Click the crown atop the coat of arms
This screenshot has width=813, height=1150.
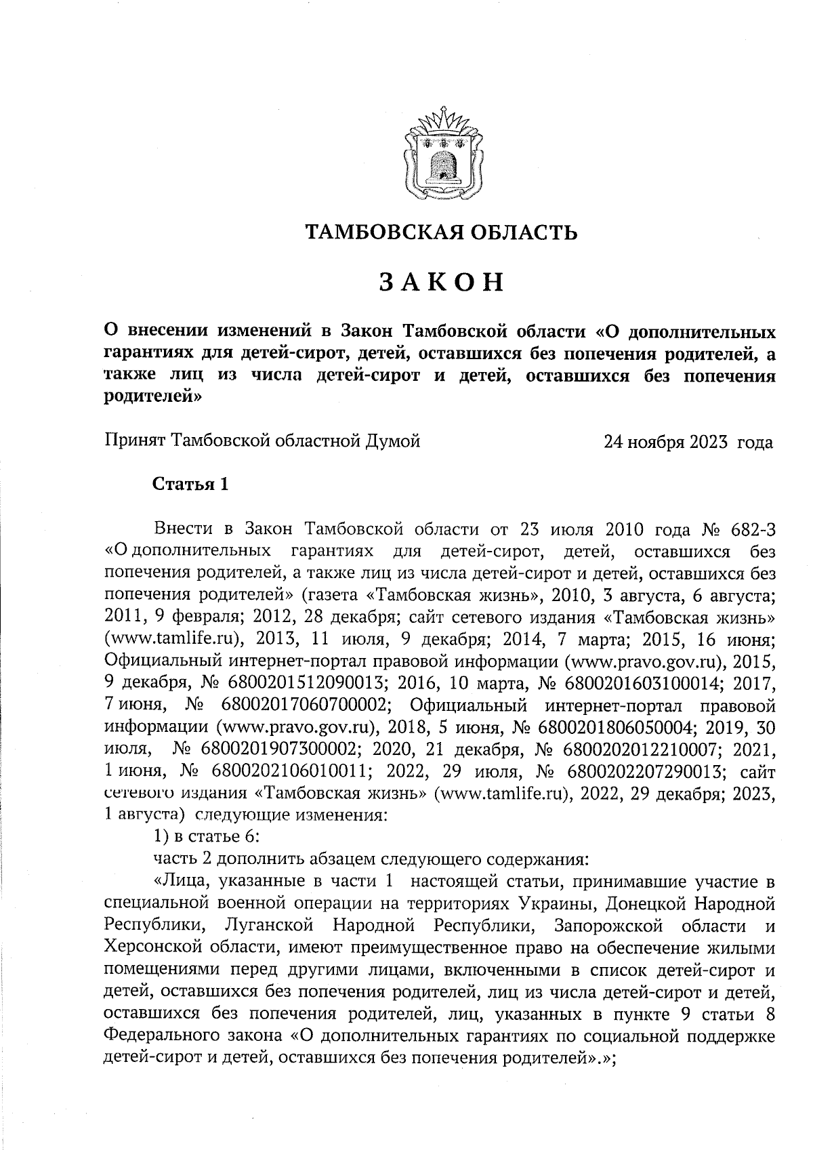[x=442, y=123]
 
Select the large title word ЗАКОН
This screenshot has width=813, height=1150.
[x=442, y=282]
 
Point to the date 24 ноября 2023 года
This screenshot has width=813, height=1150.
[x=688, y=443]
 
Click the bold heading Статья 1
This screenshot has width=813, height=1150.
[x=190, y=485]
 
